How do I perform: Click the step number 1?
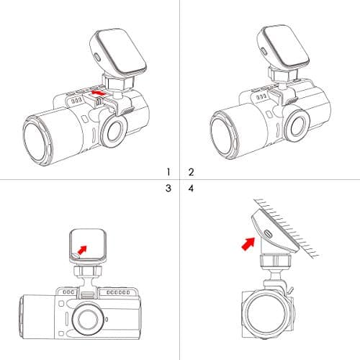click(x=168, y=172)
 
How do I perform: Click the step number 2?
click(x=191, y=172)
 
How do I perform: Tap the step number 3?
click(x=168, y=188)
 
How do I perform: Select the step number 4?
click(x=191, y=189)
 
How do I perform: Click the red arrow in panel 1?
click(x=98, y=93)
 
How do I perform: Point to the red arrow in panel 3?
click(x=82, y=250)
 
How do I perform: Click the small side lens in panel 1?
click(x=113, y=131)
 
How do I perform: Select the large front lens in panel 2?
click(x=225, y=135)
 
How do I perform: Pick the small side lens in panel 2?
click(x=297, y=127)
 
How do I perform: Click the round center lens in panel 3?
click(x=88, y=320)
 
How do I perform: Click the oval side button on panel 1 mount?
click(x=97, y=58)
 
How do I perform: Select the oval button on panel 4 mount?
click(x=267, y=233)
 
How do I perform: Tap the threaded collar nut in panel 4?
click(x=276, y=261)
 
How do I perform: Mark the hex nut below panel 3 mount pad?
click(x=87, y=271)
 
